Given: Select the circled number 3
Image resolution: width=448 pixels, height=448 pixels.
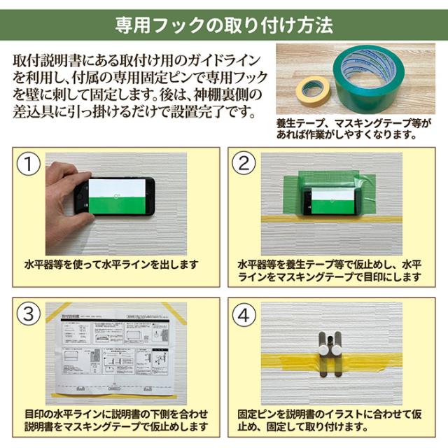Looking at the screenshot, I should (28, 314).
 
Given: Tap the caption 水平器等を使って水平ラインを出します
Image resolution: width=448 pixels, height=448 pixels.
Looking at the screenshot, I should (112, 265).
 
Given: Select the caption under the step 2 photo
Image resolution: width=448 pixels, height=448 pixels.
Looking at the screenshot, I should (329, 272).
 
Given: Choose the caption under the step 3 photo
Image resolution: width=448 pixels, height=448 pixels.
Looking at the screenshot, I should (115, 419).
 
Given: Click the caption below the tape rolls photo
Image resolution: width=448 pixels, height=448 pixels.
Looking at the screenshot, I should (359, 128).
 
